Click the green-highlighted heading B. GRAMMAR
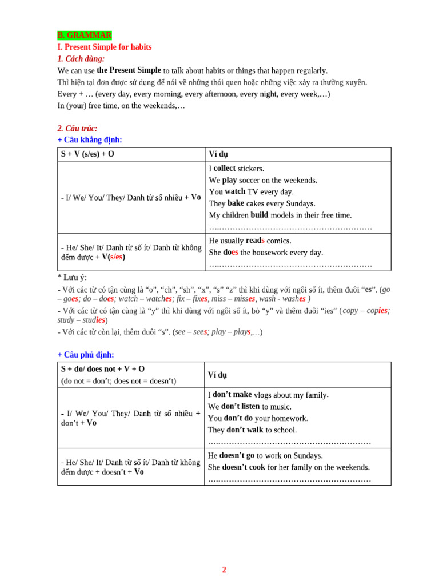[85, 35]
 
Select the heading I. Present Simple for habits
[105, 47]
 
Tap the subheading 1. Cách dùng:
[81, 59]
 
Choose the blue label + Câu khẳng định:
[90, 140]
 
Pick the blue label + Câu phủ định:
[86, 355]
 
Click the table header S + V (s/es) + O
[88, 154]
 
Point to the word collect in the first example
[225, 169]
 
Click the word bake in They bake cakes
[236, 203]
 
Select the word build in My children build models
[261, 215]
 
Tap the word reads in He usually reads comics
[255, 241]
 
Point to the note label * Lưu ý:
[72, 278]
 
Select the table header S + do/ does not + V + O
[103, 370]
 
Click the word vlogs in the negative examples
[265, 395]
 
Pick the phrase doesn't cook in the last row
[244, 467]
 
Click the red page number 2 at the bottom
[224, 570]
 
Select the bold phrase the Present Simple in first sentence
[129, 70]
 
